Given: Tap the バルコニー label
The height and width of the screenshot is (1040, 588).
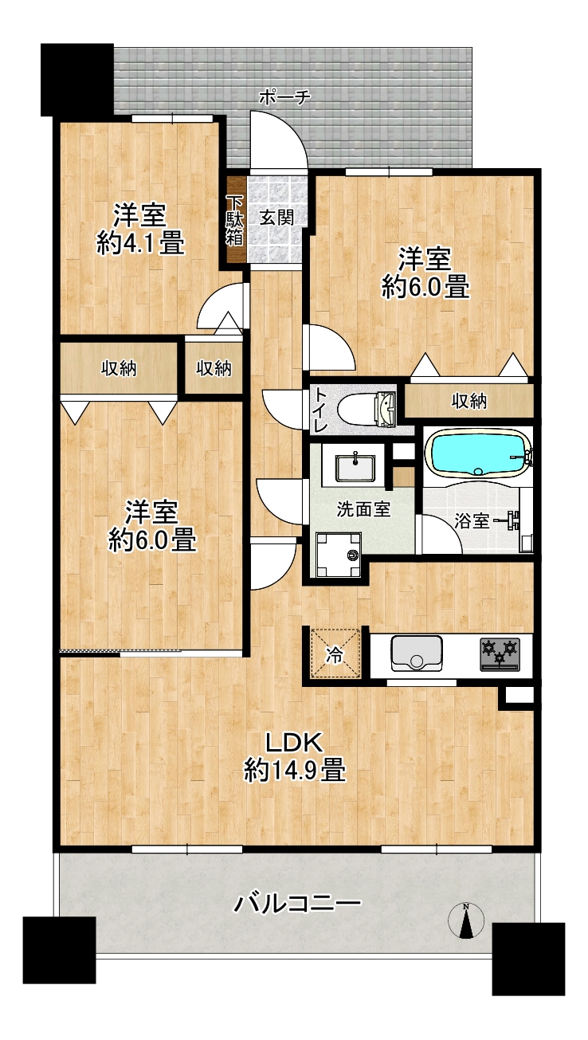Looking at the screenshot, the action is (297, 904).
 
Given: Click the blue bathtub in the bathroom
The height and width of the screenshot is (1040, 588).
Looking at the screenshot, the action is (480, 453).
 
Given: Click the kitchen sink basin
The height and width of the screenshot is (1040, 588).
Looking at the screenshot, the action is (416, 653).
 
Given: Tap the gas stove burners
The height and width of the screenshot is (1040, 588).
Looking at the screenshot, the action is (500, 653).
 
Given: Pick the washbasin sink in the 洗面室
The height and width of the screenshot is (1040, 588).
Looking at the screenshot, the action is (355, 469).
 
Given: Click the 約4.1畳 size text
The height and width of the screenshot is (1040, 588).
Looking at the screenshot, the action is (140, 243).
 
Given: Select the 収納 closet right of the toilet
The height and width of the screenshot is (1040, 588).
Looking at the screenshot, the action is (468, 401).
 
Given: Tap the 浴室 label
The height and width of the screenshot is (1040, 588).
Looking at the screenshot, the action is (472, 521).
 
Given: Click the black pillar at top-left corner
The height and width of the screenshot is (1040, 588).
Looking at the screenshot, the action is (77, 80).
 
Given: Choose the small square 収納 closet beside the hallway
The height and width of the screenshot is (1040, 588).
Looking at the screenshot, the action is (214, 368).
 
